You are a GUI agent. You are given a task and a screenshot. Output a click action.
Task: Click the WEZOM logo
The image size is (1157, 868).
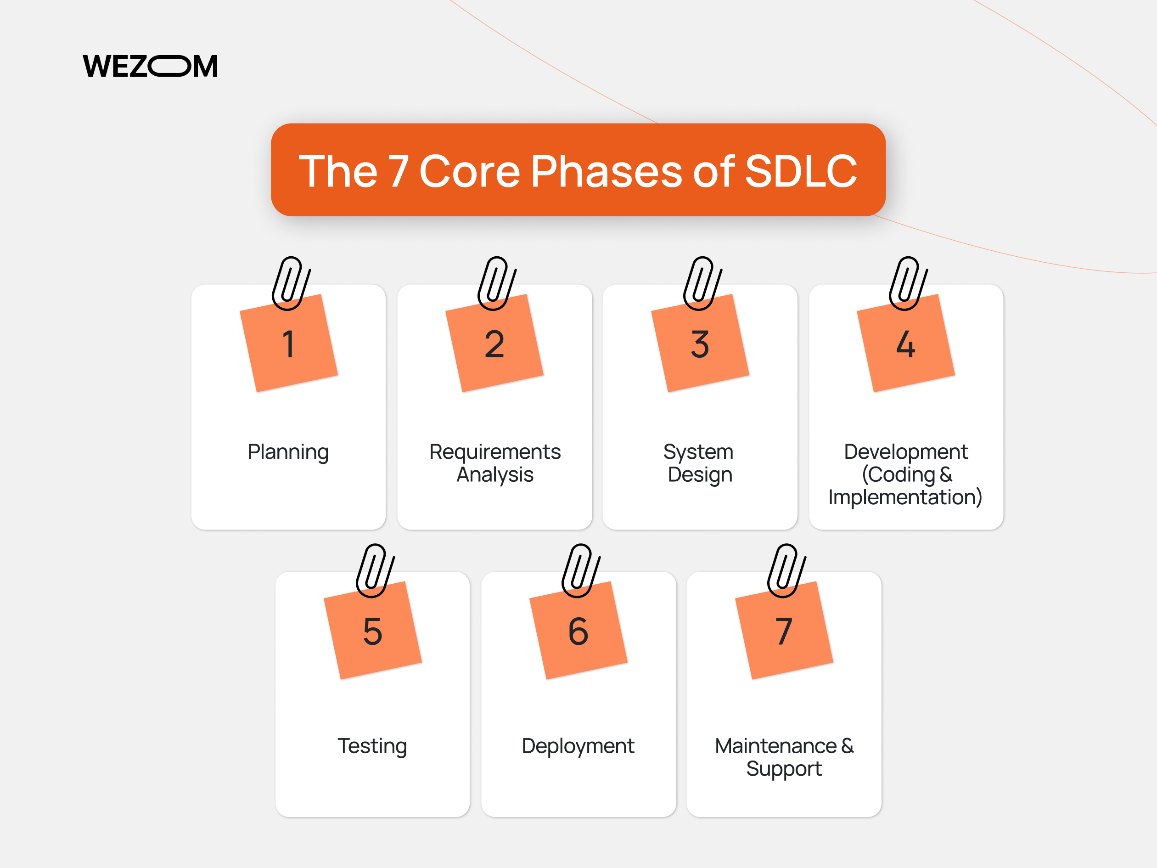(x=150, y=67)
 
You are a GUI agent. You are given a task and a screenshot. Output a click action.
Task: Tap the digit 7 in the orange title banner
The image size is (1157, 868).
(x=398, y=171)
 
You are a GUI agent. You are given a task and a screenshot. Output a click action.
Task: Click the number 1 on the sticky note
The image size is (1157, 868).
(x=288, y=345)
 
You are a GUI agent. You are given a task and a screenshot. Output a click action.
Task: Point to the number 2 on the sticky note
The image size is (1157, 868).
(x=494, y=345)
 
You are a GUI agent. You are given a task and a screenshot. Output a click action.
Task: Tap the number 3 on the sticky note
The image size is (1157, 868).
(x=700, y=345)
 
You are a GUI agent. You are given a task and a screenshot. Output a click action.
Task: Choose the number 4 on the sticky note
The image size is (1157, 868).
(x=905, y=345)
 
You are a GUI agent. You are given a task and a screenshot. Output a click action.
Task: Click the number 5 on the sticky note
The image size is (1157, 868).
(x=372, y=631)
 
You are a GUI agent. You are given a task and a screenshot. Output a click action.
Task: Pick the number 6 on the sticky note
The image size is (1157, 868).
(x=578, y=631)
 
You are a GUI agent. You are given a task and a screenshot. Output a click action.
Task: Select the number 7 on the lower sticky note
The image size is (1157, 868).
(x=784, y=631)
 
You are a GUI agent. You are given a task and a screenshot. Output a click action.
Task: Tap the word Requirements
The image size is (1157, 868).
(x=495, y=451)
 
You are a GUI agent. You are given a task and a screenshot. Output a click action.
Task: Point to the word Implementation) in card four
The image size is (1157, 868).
(x=905, y=497)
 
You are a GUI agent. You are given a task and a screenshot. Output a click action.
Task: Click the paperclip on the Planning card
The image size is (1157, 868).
(x=291, y=283)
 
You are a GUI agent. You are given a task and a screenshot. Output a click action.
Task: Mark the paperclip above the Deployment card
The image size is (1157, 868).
(x=581, y=570)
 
